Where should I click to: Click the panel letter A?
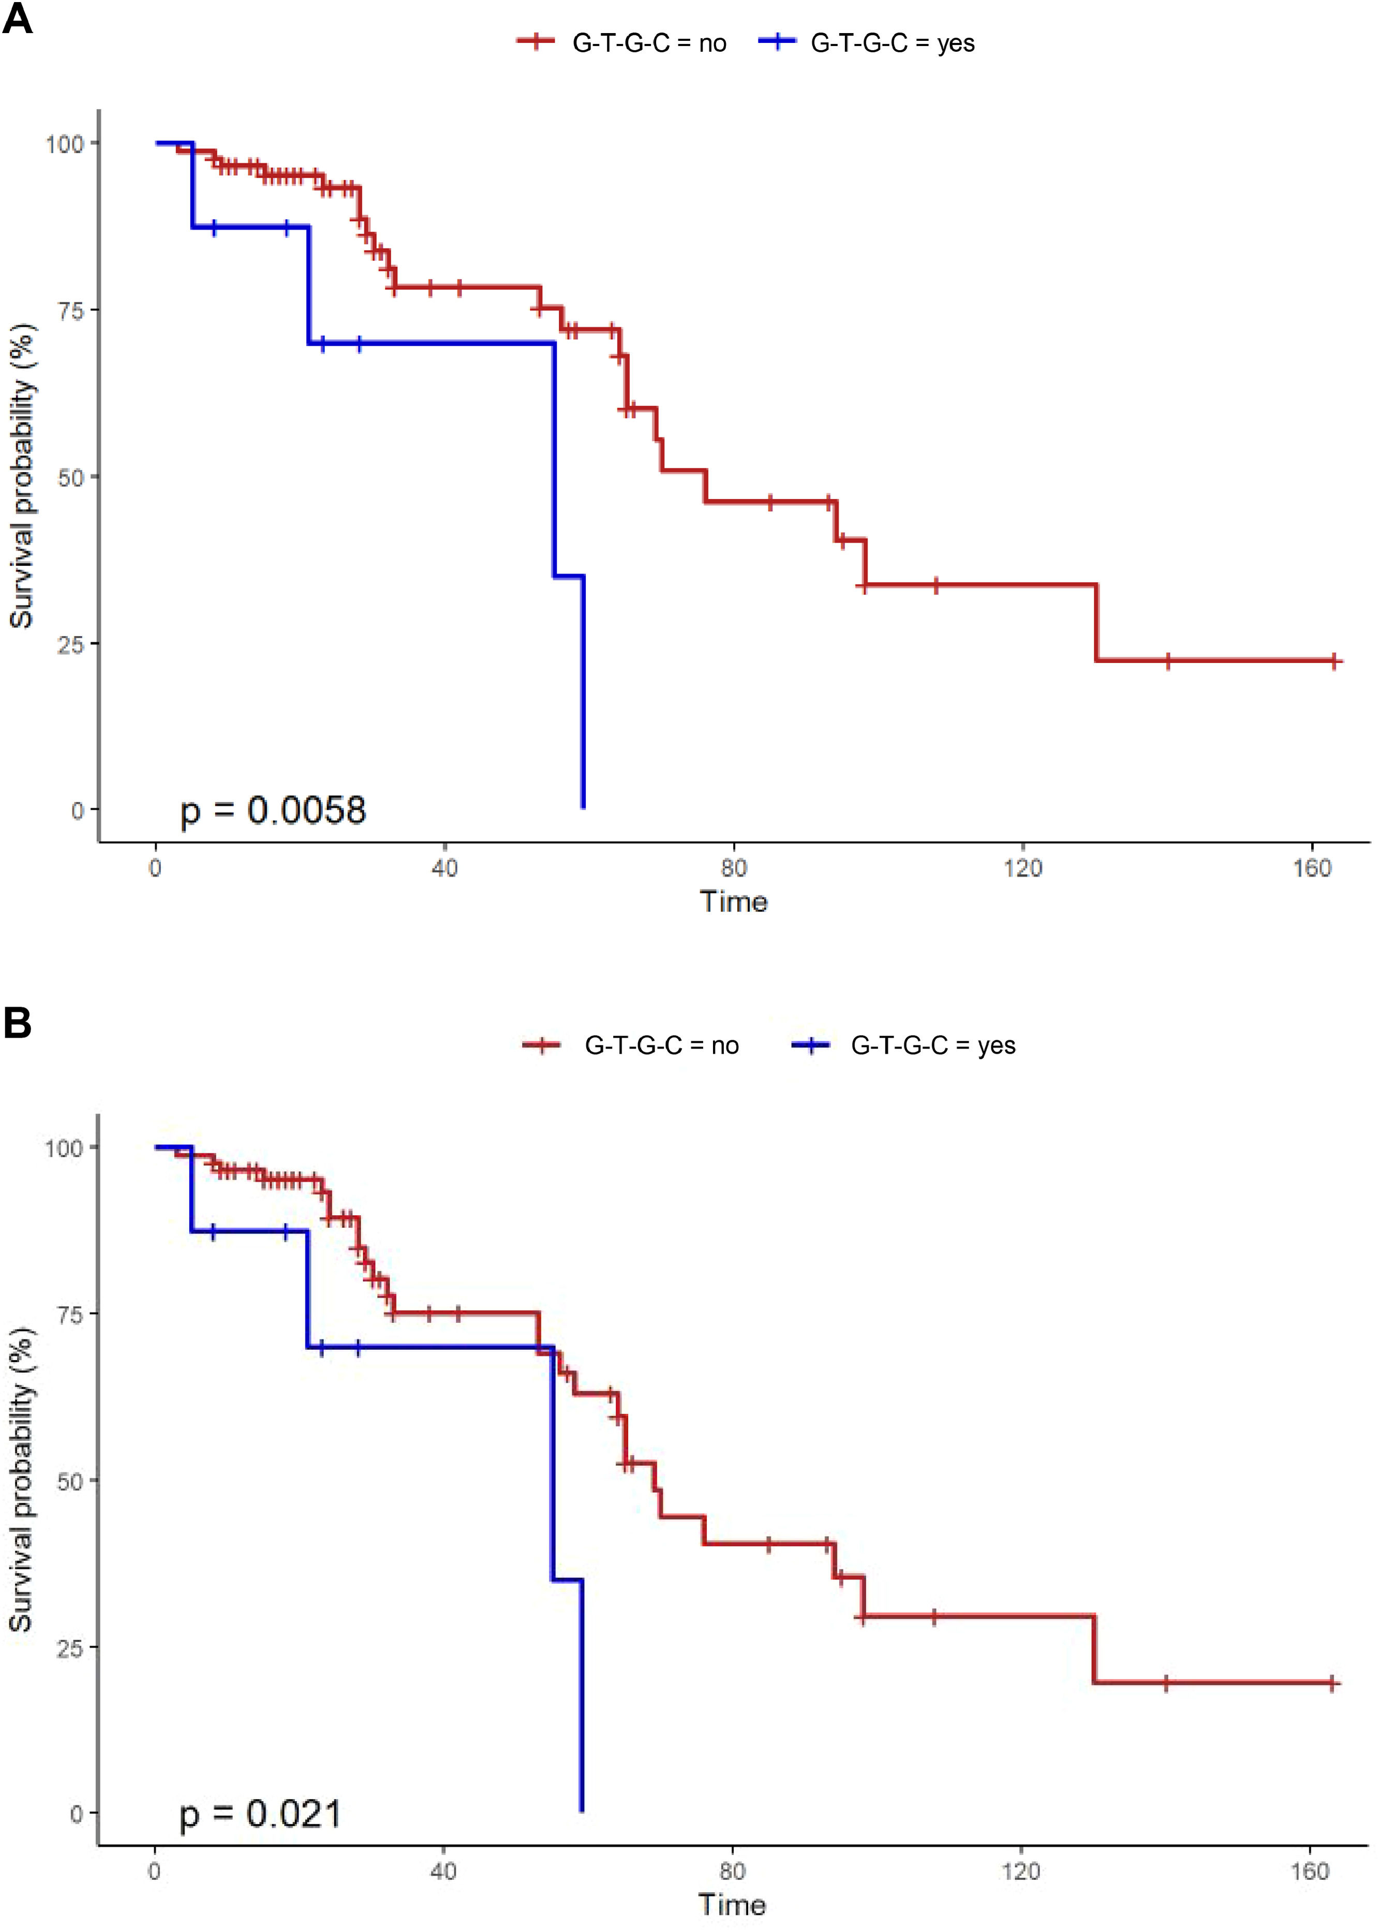click(x=17, y=19)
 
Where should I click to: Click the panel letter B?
click(x=17, y=1023)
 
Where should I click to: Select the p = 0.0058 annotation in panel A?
click(x=273, y=810)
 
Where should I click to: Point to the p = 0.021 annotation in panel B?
click(x=260, y=1815)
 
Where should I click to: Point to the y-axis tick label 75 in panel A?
click(x=71, y=310)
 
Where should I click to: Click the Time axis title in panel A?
click(x=733, y=902)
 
